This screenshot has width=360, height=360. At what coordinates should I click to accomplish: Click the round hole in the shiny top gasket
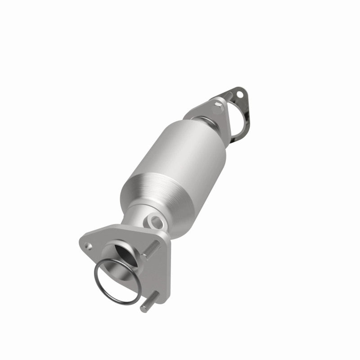point(240,95)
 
